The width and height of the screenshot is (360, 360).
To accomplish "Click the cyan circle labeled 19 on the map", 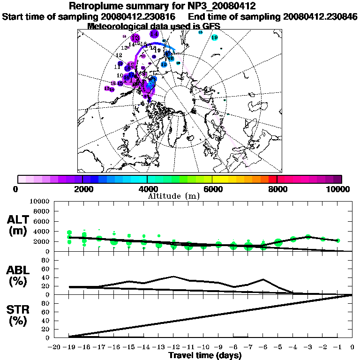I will [215, 37].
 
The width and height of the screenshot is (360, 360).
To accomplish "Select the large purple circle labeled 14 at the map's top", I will [154, 34].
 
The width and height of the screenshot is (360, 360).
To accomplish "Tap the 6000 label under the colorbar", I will [212, 189].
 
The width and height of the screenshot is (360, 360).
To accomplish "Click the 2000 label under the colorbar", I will [82, 189].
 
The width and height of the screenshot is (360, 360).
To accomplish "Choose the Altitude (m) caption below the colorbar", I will [173, 196].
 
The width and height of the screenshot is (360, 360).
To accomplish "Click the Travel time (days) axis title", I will [205, 356].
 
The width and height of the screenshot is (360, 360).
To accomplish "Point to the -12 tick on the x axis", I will [173, 347].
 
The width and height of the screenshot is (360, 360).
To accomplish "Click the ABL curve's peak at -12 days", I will [173, 277].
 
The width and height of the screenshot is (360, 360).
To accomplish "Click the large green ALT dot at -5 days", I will [278, 242].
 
